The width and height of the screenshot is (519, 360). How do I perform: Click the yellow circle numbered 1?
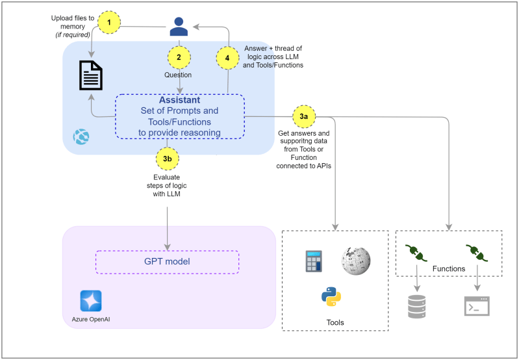(110, 22)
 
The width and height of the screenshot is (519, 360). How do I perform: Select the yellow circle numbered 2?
(179, 57)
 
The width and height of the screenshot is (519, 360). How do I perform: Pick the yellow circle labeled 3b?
(168, 158)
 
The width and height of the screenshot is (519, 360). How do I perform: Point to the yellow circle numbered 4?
(227, 57)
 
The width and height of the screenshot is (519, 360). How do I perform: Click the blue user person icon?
(179, 27)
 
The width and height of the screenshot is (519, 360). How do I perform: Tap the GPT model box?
(167, 261)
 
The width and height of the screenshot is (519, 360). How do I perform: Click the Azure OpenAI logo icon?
(91, 301)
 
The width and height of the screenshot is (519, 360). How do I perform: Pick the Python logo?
(331, 296)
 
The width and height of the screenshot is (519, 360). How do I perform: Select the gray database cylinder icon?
(416, 305)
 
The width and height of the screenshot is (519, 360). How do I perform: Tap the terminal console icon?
(476, 305)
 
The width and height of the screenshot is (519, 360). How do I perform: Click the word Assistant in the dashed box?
(179, 101)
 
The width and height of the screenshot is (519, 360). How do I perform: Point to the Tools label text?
(335, 322)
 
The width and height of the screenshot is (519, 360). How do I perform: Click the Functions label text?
(449, 268)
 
